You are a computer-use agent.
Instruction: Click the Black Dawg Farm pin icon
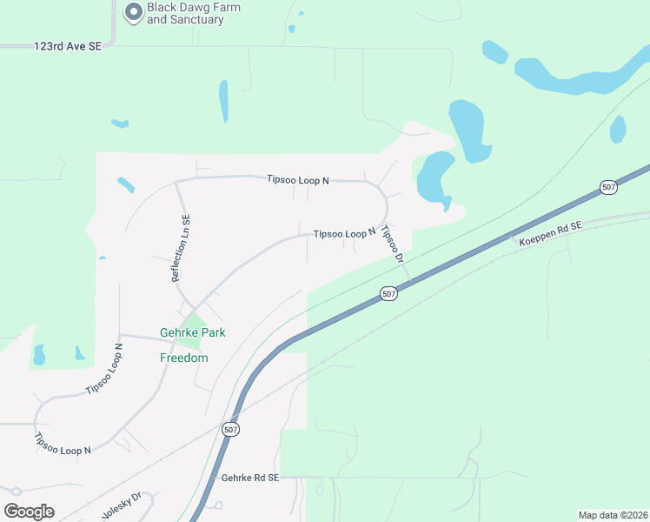coord(133,12)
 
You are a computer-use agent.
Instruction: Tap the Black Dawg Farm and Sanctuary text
coord(193,13)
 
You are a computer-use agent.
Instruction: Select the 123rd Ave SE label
coord(68,45)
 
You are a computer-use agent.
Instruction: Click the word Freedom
coord(184,358)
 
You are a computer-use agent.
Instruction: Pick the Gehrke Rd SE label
coord(250,478)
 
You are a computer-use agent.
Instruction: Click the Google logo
coord(29,511)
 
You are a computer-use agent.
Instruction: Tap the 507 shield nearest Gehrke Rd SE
coord(229,430)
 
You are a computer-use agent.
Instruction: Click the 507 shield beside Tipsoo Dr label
coord(388,294)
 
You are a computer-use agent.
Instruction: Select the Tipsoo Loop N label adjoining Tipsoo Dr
coord(344,233)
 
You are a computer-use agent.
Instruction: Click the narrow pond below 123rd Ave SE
coord(223,101)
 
